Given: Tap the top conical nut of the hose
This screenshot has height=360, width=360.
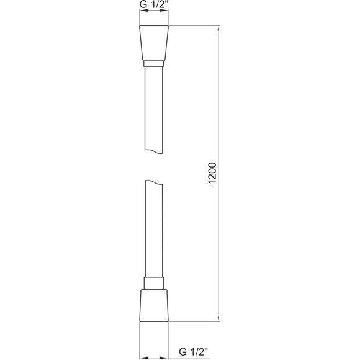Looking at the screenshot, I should [x=153, y=43].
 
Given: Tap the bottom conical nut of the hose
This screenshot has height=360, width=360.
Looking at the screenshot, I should [x=153, y=307].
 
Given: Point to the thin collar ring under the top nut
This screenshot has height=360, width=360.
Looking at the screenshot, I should [x=153, y=63].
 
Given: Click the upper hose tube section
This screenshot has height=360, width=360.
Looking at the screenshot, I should [x=153, y=109].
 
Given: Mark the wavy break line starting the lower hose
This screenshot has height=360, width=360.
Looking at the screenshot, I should [x=153, y=182].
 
